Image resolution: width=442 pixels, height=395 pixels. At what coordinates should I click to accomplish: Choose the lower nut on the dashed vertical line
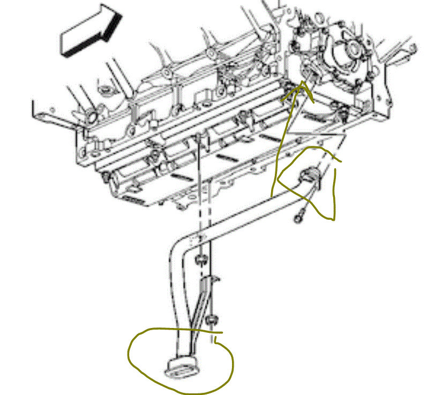(x=213, y=321)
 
